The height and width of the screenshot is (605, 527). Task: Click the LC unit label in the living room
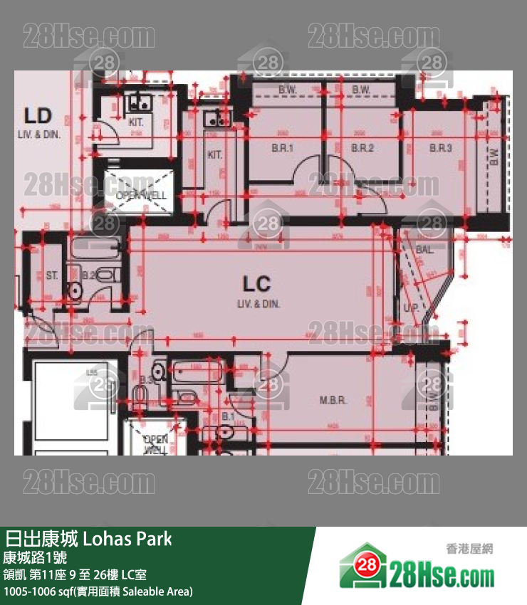256,285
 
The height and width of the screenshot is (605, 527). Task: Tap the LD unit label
38,115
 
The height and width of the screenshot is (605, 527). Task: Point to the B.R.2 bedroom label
362,148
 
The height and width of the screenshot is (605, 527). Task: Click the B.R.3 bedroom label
441,148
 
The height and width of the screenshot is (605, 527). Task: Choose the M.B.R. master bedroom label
333,401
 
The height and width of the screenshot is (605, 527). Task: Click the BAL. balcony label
425,250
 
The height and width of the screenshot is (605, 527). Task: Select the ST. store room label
52,275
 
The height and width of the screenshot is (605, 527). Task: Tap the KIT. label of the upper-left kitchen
136,122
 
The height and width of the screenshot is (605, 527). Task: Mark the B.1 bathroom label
229,416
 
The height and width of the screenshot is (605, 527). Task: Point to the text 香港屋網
469,549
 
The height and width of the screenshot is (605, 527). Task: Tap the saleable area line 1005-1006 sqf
98,591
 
